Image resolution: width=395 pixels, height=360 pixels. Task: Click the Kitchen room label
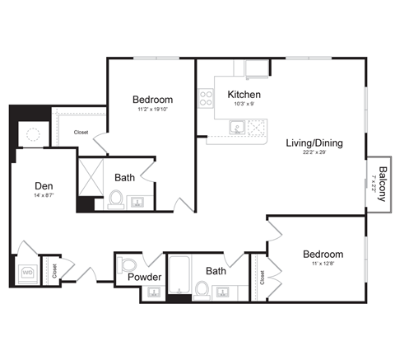244,94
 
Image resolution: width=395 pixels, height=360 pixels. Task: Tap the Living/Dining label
314,143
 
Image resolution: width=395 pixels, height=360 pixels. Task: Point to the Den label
44,185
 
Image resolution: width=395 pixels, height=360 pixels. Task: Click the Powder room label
144,277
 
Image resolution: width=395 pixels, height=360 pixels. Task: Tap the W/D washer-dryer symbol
26,271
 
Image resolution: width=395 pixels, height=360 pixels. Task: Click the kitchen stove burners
206,100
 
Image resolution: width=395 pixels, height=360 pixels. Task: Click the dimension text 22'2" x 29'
314,154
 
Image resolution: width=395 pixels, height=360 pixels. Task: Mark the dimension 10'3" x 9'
244,105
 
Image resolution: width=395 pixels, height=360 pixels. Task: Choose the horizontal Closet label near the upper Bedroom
81,132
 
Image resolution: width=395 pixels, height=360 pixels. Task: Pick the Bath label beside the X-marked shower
125,177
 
